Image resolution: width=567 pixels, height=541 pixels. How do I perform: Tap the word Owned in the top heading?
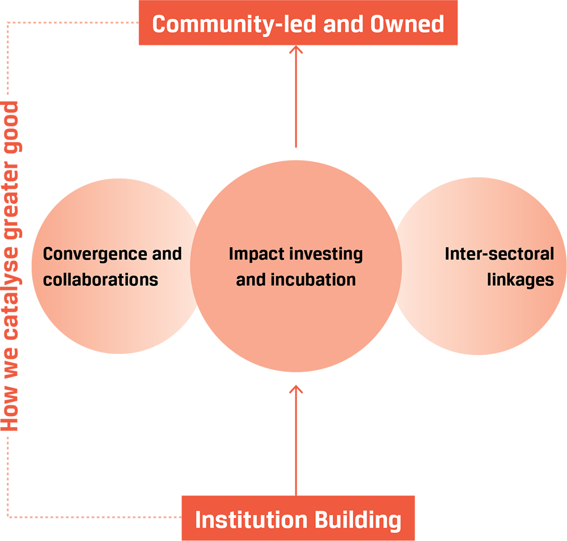[407, 24]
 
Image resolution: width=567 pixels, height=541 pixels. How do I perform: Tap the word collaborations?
[100, 280]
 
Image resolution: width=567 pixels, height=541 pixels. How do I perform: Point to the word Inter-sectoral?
[499, 253]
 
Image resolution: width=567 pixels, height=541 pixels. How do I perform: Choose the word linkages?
[520, 280]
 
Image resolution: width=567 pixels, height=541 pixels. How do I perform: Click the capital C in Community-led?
[159, 24]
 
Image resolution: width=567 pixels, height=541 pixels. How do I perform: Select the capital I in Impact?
[231, 253]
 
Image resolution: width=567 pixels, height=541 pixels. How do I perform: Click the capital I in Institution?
[198, 520]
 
